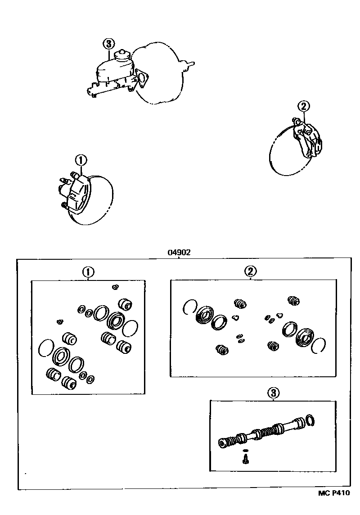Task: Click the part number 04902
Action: pos(179,253)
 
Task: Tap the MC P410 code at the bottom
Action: pos(334,493)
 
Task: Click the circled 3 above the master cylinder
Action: pos(108,44)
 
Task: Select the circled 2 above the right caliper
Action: pos(304,106)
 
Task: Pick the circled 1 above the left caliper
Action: pos(81,160)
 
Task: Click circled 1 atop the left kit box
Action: pos(88,272)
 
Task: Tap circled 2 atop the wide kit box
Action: pos(251,271)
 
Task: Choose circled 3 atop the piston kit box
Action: pos(273,393)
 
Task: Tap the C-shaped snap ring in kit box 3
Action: pos(311,420)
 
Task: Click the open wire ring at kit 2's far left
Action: pos(189,307)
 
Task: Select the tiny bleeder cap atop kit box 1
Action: pos(115,287)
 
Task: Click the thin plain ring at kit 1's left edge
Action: pos(46,348)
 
